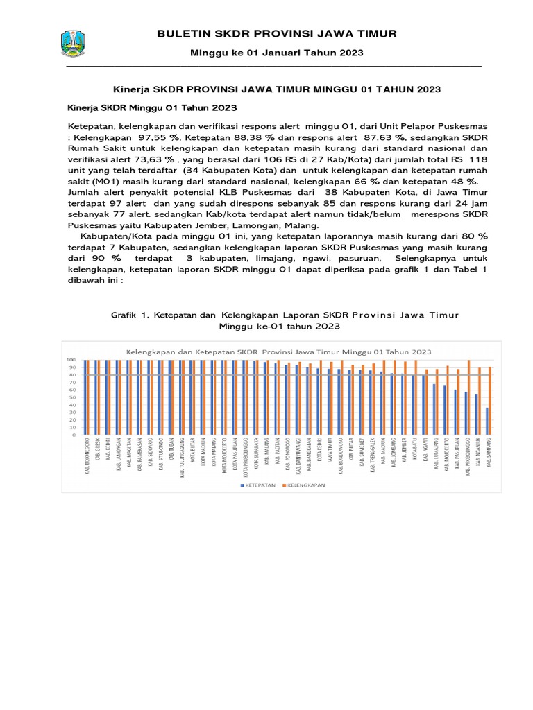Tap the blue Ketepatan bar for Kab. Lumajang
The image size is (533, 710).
[434, 410]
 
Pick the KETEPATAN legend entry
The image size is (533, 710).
[258, 485]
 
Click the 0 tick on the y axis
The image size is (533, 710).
[72, 436]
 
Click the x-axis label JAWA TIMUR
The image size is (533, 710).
[329, 455]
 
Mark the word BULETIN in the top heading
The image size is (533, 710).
[184, 33]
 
